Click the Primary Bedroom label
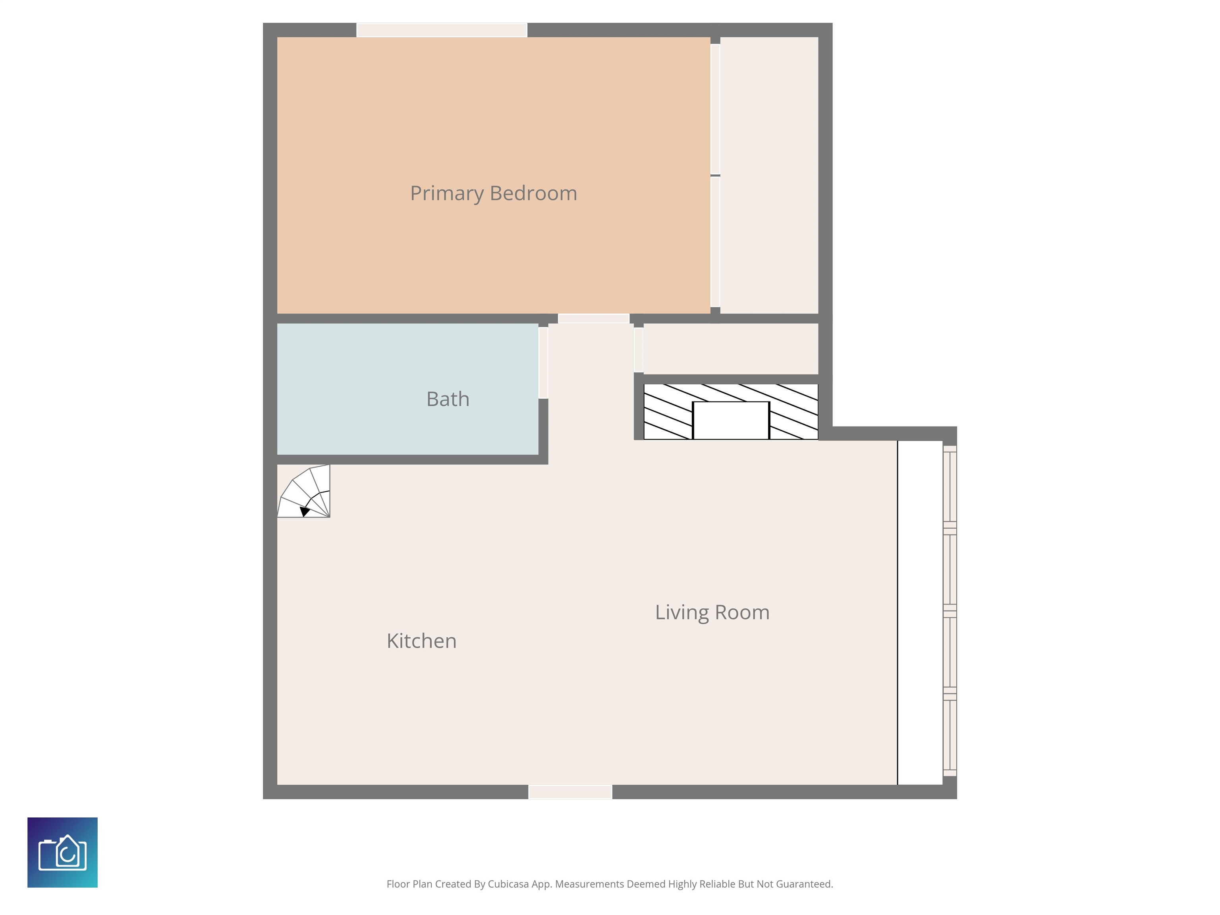493,193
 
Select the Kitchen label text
421,641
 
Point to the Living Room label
712,612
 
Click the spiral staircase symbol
305,492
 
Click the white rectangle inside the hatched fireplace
731,420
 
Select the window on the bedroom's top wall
442,30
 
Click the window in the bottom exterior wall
570,792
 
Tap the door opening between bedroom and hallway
593,318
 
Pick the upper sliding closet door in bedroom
715,109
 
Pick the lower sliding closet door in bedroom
715,241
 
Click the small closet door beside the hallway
639,349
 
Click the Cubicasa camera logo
62,852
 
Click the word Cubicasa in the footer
508,884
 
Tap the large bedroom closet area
769,176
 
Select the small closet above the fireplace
731,349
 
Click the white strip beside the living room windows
920,612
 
